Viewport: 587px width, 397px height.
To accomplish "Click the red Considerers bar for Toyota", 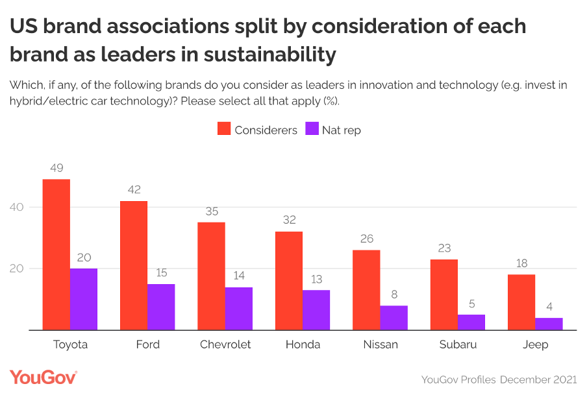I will (x=56, y=254).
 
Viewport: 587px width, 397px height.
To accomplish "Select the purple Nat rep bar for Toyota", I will (x=84, y=299).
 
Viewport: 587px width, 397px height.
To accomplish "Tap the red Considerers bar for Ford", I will (x=134, y=265).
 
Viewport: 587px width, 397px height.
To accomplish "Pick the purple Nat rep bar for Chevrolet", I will (x=238, y=309).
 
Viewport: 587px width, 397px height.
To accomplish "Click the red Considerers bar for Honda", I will (x=289, y=281).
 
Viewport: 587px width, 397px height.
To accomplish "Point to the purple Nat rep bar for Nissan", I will (x=393, y=318).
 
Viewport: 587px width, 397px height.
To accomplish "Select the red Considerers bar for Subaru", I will (x=444, y=295).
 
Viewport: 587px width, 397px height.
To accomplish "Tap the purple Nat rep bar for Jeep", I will (x=549, y=324).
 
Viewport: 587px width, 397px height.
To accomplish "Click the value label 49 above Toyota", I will (x=56, y=168).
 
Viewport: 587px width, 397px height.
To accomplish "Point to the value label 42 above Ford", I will (x=134, y=190).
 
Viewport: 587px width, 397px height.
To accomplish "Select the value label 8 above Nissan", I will (x=393, y=294).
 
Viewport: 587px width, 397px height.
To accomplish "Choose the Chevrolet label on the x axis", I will (x=225, y=344).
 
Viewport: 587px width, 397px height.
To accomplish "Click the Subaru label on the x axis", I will (x=457, y=344).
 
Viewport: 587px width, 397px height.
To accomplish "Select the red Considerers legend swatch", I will (x=224, y=129).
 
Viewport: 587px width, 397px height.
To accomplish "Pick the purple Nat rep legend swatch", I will (x=312, y=129).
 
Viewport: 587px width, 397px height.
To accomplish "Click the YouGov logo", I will (x=44, y=378).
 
